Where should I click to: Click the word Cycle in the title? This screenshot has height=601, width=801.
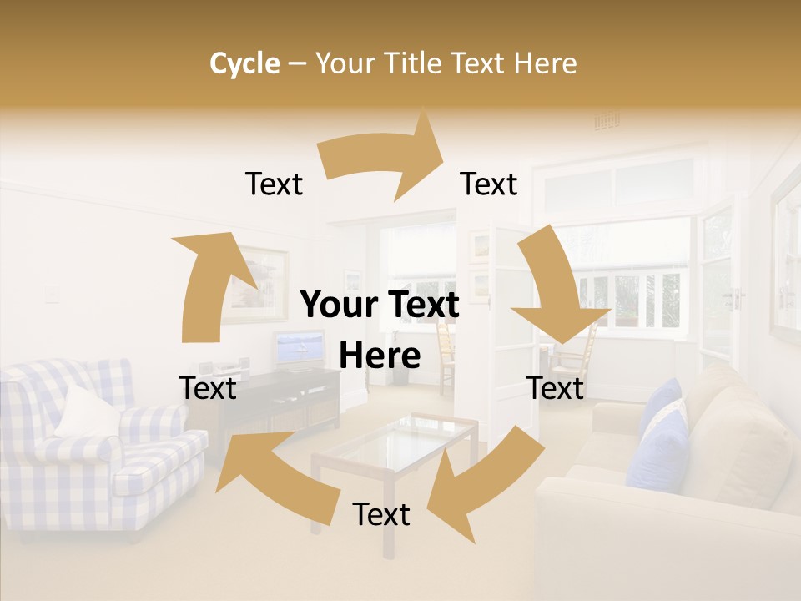[244, 63]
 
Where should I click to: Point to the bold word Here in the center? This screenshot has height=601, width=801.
[380, 356]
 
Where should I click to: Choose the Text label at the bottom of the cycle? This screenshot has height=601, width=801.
[381, 515]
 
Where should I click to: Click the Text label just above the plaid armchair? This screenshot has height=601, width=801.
[208, 388]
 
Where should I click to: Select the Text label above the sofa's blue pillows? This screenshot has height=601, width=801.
[556, 388]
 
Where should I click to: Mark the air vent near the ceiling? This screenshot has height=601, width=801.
[607, 122]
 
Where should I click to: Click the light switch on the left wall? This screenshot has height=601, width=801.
[52, 293]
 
